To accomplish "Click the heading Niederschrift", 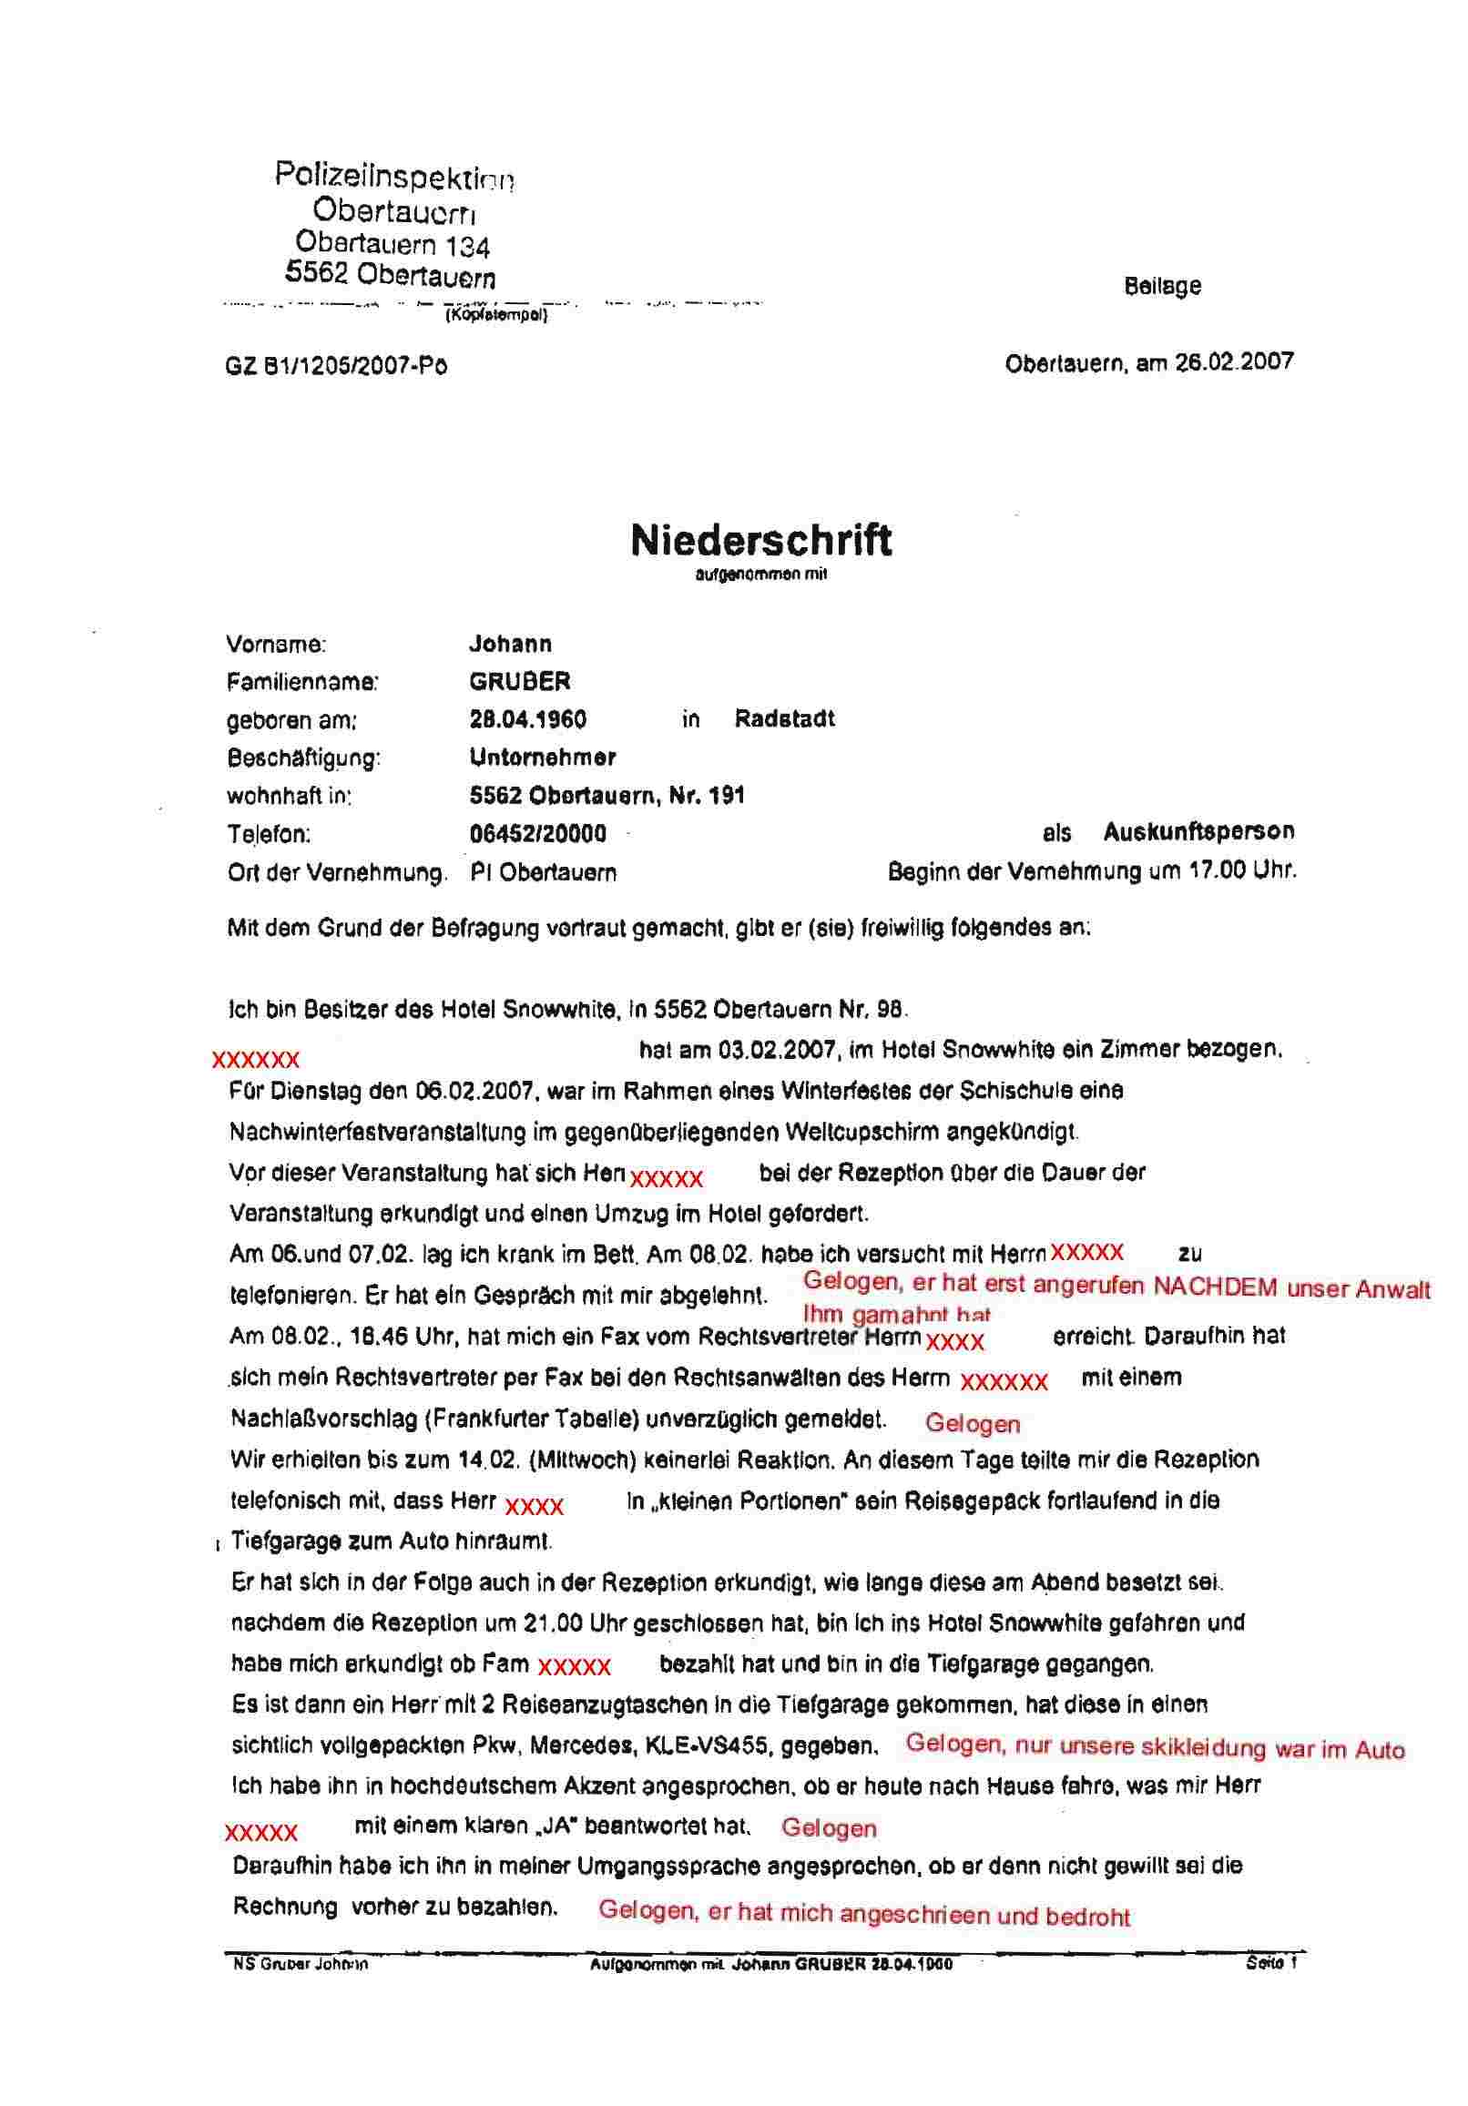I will point(760,540).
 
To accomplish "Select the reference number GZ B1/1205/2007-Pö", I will point(336,367).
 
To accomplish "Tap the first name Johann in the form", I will point(510,644).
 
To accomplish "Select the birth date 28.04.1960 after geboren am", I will point(527,719).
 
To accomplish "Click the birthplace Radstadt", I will point(784,719).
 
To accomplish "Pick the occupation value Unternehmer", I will point(542,758).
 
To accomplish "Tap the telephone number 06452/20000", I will point(537,834).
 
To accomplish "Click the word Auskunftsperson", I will point(1198,832).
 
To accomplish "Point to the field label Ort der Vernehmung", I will point(337,872).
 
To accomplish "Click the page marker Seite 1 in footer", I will point(1270,1964).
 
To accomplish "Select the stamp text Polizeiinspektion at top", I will point(394,174).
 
